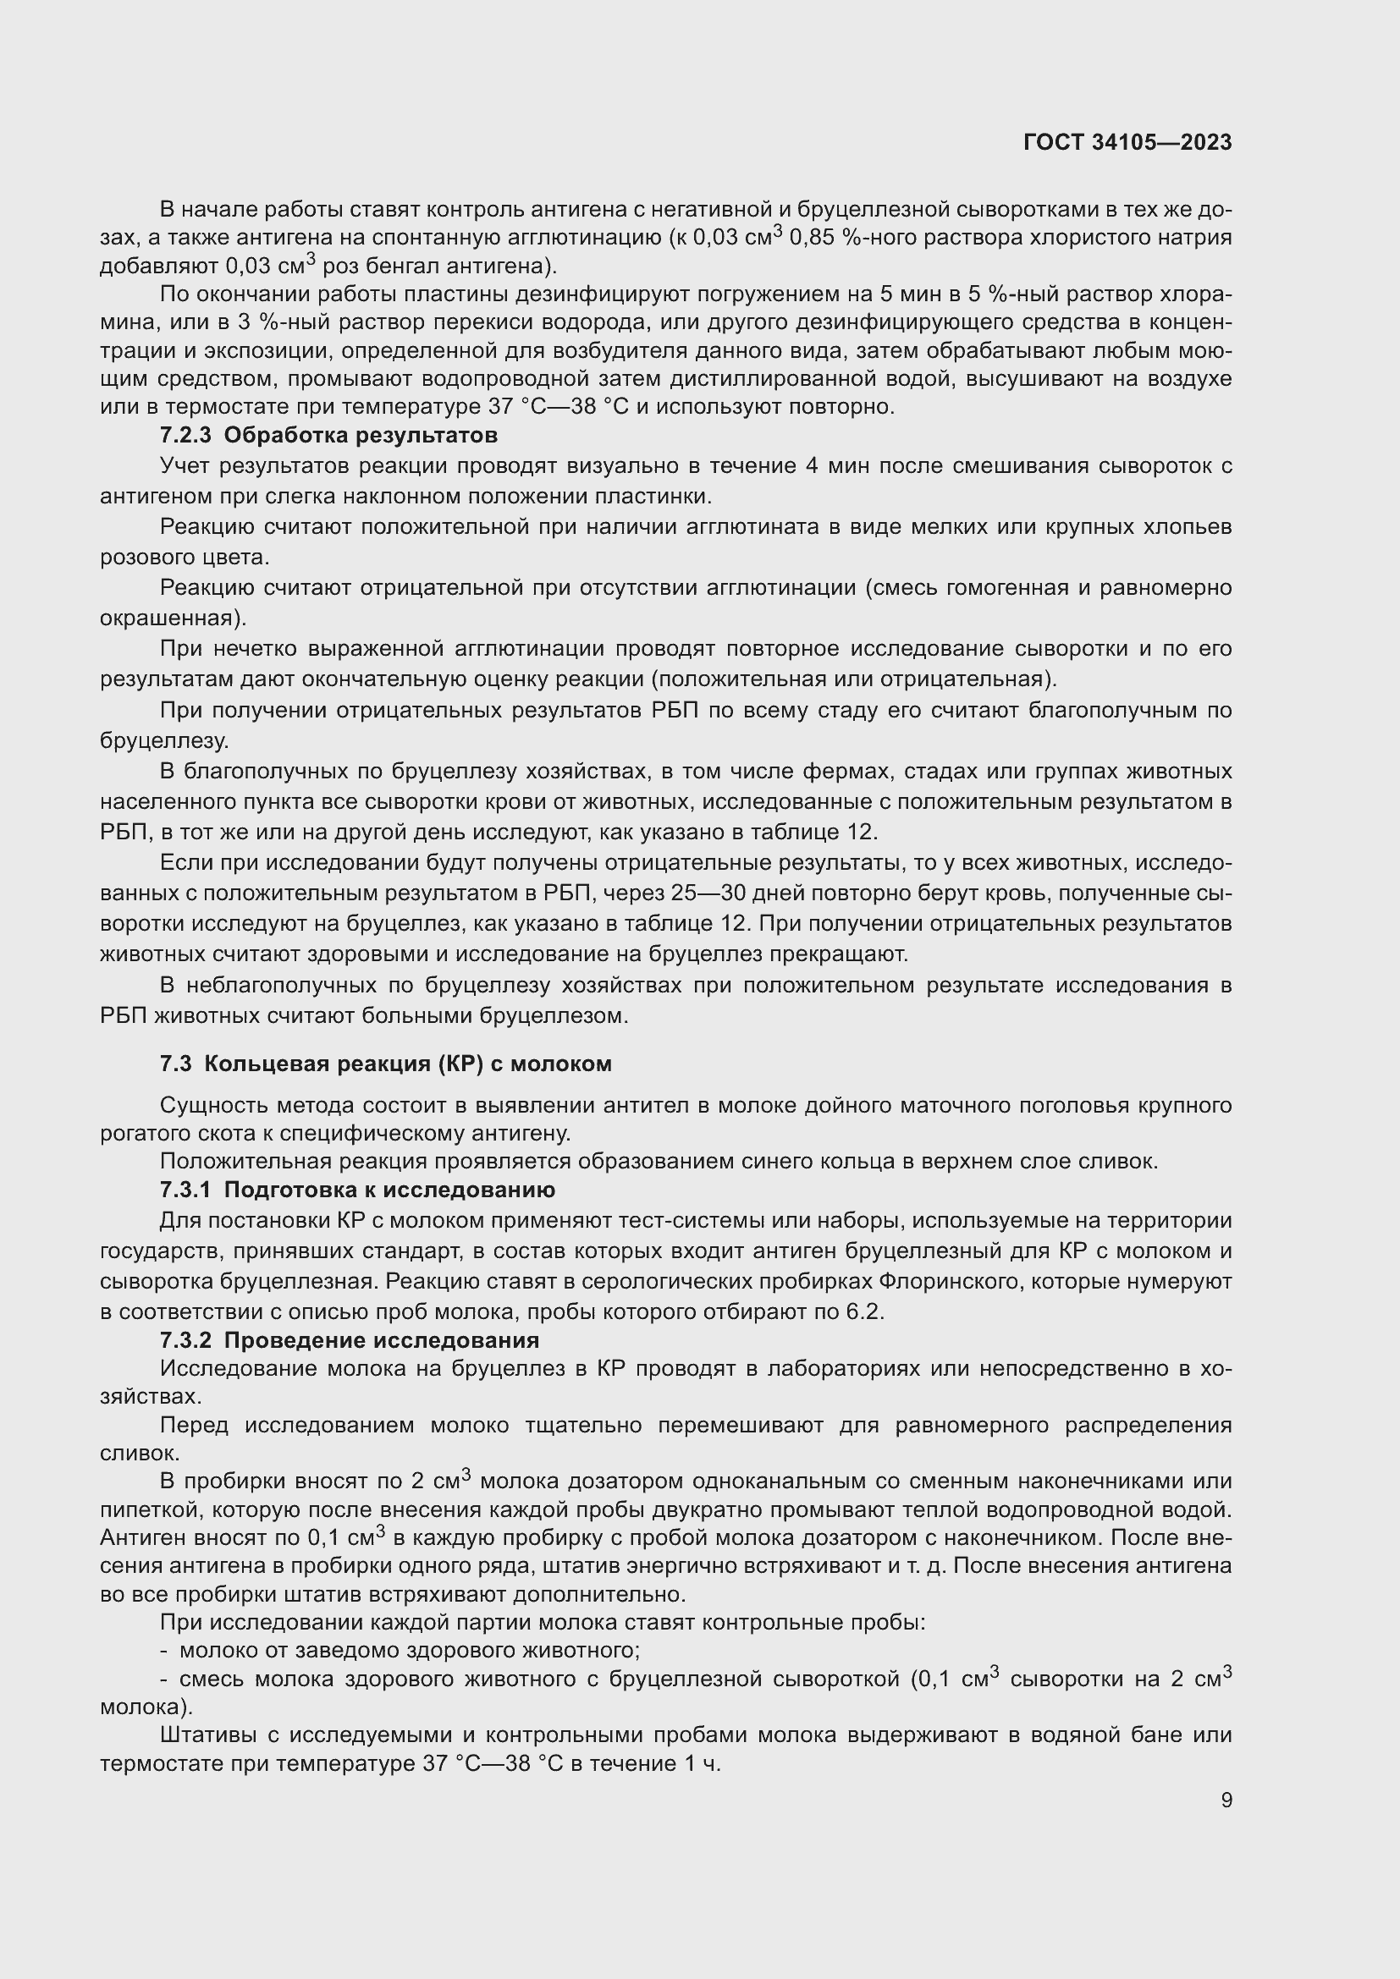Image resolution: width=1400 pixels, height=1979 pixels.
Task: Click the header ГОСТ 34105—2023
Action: pos(1127,142)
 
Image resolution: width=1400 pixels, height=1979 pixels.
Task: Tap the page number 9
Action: pos(1226,1800)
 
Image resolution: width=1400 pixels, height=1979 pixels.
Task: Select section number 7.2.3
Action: pos(185,434)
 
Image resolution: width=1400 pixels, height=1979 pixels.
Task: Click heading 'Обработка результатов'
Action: pos(361,434)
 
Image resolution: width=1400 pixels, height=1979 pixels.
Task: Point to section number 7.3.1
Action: pos(185,1190)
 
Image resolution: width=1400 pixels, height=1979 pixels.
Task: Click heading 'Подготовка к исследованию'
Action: pos(389,1190)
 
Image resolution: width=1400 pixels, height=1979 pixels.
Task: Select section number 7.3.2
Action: pos(185,1340)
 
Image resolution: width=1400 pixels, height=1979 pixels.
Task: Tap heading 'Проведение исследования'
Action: pos(381,1340)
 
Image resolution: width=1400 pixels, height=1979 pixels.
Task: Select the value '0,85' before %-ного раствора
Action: pos(812,238)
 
